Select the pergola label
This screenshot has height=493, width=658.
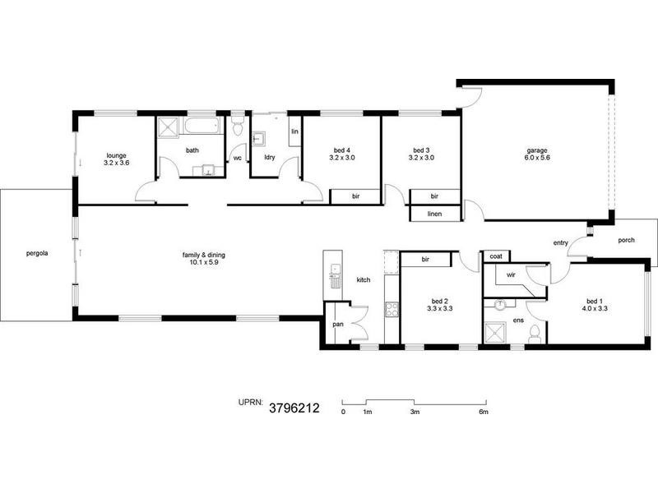click(x=37, y=253)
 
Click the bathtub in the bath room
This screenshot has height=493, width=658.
click(x=202, y=127)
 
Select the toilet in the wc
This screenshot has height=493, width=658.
click(x=238, y=129)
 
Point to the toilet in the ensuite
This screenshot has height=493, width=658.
click(x=535, y=333)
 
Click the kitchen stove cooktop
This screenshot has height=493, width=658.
click(x=392, y=311)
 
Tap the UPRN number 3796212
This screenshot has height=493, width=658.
click(x=294, y=406)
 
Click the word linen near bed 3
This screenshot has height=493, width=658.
click(x=435, y=214)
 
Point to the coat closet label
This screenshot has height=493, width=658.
click(x=497, y=256)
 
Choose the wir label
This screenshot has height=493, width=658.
click(x=510, y=274)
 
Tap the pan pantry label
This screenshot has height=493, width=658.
click(x=338, y=324)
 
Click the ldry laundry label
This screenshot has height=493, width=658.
click(x=269, y=156)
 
